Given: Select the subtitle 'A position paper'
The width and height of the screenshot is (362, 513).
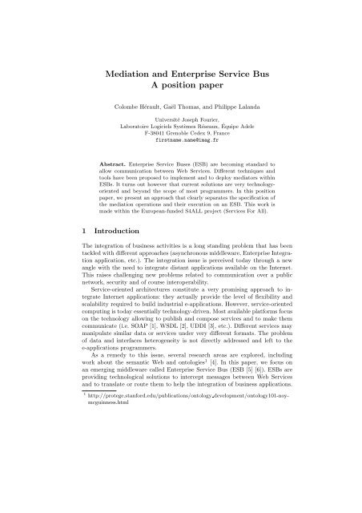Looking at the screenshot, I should pos(180,89).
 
